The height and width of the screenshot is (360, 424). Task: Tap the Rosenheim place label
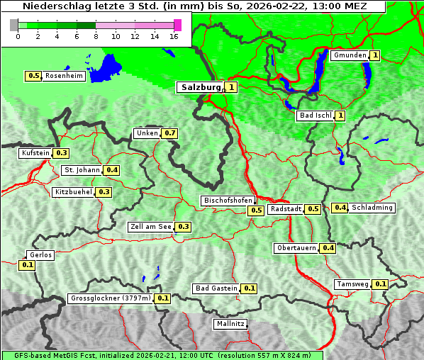point(64,76)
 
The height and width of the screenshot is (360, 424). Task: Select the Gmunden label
point(350,55)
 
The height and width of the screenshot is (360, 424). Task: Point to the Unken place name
point(147,133)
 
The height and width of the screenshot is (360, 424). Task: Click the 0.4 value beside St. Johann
point(112,170)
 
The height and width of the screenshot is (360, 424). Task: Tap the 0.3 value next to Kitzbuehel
point(104,192)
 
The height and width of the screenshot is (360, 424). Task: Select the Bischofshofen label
point(228,201)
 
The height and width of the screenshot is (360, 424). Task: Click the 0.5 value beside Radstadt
point(313,208)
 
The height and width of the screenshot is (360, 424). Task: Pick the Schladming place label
point(372,208)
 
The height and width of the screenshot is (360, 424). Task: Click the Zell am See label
point(151,227)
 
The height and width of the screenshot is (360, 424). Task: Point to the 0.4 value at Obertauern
point(328,248)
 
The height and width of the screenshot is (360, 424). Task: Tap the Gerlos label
point(40,255)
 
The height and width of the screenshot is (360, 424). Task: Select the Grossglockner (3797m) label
point(111,298)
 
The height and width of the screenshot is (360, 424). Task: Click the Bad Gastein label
point(216,288)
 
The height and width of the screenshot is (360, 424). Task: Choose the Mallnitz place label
point(230,324)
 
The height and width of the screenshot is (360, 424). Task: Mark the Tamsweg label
point(353,284)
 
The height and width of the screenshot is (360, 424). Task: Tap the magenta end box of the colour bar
point(177,25)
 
